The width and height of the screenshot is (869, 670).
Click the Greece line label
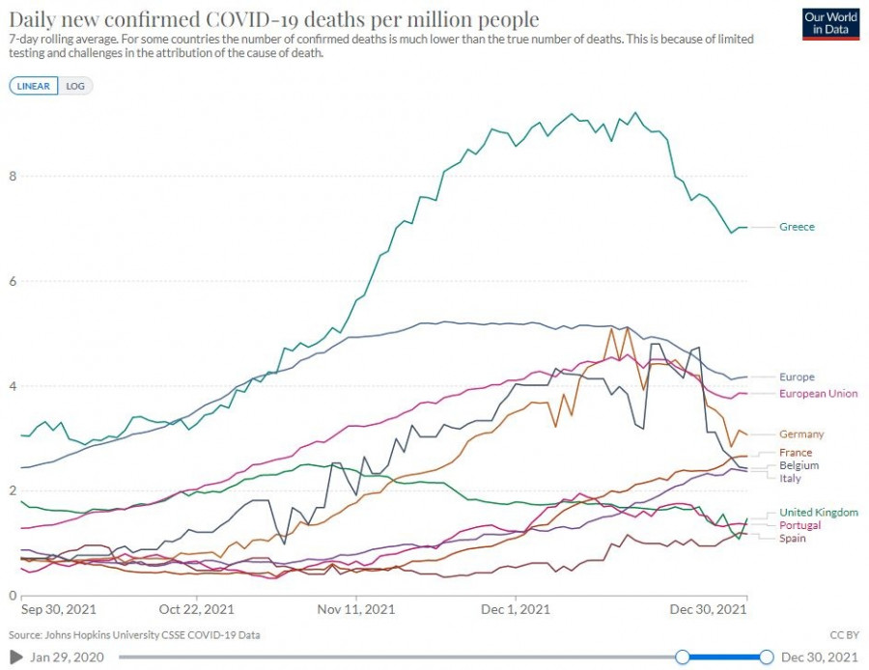point(797,227)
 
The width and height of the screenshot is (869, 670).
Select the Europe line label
point(797,377)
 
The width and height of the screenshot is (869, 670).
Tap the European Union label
point(818,394)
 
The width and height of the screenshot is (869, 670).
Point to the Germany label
point(801,434)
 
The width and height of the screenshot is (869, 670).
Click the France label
point(796,453)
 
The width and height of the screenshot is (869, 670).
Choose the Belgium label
point(799,465)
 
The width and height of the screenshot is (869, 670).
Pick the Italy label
point(790,478)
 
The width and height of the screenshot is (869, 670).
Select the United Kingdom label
point(818,513)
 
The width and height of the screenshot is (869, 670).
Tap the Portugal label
point(799,525)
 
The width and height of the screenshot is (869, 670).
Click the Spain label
point(792,538)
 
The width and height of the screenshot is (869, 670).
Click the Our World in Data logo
point(830,23)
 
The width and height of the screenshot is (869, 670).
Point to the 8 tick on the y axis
point(12,176)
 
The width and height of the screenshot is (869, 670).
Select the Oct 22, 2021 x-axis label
point(196,610)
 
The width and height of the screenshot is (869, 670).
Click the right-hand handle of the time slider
point(767,657)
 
